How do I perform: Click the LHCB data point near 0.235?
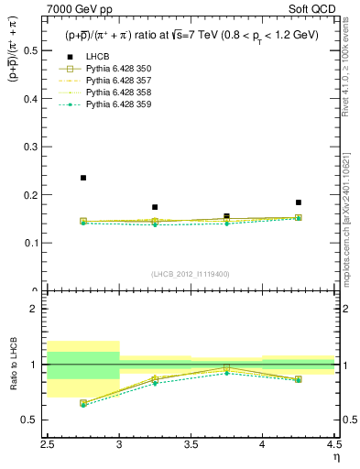point(83,178)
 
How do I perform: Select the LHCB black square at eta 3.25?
point(155,207)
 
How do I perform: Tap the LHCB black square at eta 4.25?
point(298,202)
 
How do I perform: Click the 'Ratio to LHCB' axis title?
point(14,365)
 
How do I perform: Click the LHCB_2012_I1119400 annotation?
point(191,273)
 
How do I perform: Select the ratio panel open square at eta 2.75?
point(83,402)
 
